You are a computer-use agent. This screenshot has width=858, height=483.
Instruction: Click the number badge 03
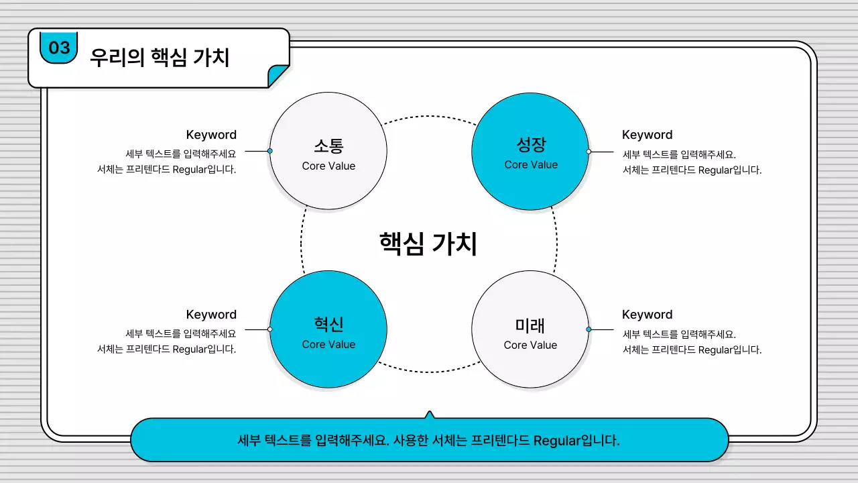[59, 48]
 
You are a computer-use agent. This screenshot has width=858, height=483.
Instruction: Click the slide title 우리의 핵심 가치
[160, 58]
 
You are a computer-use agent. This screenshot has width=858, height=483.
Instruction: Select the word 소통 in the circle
[328, 146]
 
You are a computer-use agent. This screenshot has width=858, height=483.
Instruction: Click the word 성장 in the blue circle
[531, 144]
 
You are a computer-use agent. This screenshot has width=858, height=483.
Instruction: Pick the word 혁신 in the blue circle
[328, 325]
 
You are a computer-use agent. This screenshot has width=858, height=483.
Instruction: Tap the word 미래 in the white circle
[530, 325]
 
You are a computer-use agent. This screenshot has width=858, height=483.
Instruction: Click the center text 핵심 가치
[428, 244]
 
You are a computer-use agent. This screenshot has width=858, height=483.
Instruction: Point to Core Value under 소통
[328, 166]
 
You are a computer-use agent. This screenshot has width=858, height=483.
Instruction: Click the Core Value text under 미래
[530, 345]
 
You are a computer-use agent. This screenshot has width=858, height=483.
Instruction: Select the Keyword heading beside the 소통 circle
[211, 135]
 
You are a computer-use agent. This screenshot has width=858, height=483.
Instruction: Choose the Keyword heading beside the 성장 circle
[647, 135]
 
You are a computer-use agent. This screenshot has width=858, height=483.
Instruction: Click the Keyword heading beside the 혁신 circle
[211, 315]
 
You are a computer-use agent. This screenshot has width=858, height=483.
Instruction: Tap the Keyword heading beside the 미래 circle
[647, 315]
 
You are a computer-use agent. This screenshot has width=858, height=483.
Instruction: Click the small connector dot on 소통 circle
[270, 151]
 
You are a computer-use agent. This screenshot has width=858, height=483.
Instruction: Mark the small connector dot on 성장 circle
[589, 152]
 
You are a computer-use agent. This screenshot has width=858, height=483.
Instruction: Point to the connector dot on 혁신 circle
[270, 329]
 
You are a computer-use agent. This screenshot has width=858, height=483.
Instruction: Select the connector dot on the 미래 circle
[589, 329]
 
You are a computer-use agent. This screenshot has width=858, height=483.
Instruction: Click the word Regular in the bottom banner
[557, 441]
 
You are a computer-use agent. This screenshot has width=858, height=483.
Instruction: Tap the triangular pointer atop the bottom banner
[430, 415]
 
